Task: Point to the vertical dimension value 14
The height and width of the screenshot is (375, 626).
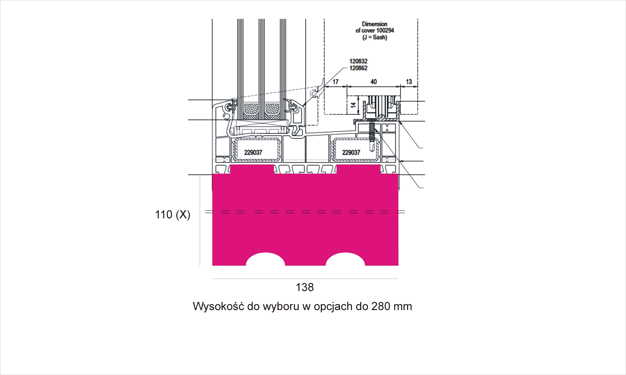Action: pos(353,105)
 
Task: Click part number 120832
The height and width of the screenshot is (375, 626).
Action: pos(358,61)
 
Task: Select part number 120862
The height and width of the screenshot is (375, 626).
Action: pos(358,68)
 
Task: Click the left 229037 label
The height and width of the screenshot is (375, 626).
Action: pos(253,152)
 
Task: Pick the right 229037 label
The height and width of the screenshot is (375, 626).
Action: pos(351,152)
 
